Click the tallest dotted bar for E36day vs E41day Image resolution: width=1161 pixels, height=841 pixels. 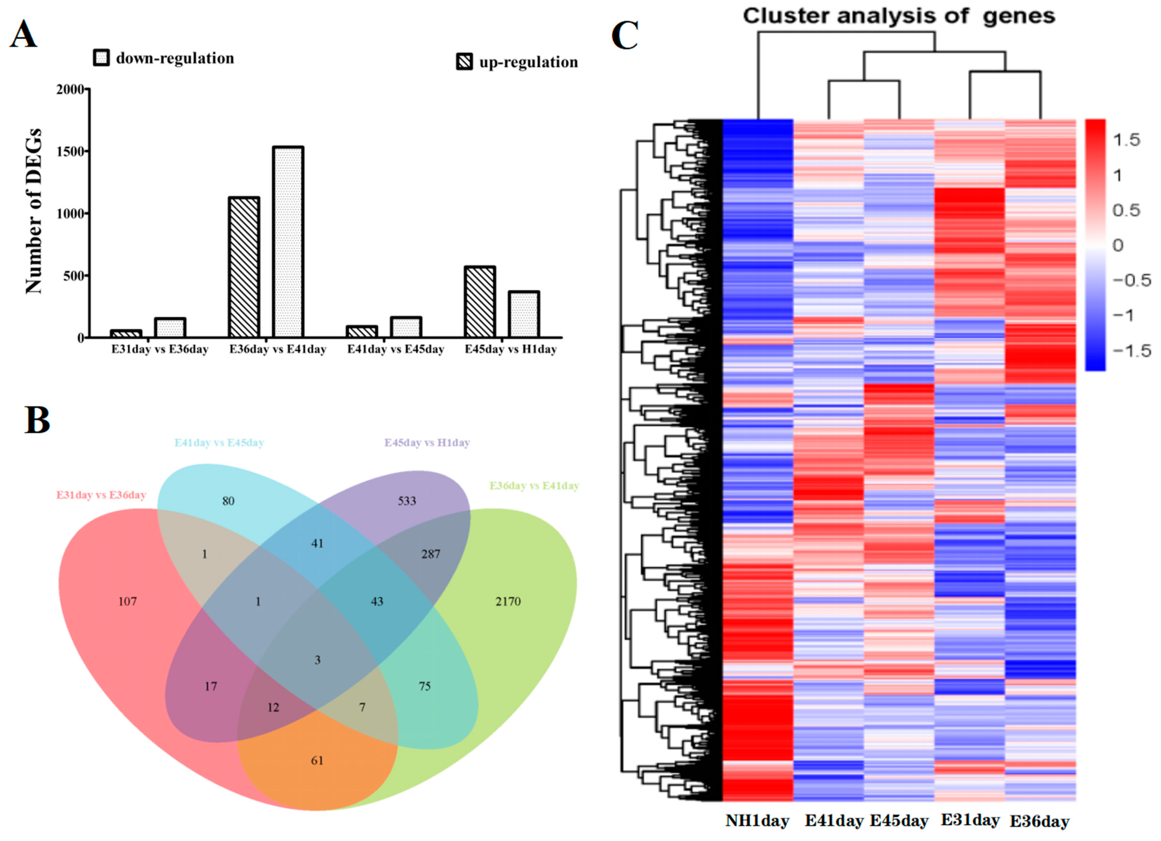point(288,242)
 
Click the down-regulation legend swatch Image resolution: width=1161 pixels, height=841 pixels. point(101,58)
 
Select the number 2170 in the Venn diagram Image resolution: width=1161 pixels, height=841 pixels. point(508,602)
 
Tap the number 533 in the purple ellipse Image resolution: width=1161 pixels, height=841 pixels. point(407,501)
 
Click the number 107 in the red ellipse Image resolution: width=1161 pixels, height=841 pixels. point(127,602)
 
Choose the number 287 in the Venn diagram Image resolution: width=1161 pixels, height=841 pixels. point(430,554)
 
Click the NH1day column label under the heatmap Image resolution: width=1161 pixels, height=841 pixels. point(757,821)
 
